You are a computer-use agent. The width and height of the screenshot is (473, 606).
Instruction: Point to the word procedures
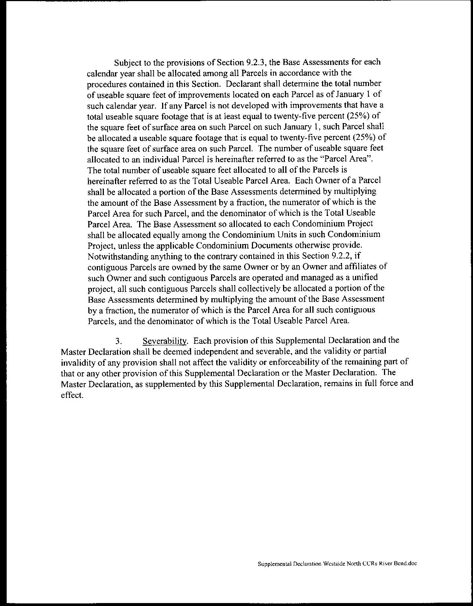click(x=107, y=84)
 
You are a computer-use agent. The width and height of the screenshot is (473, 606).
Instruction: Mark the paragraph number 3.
click(x=118, y=340)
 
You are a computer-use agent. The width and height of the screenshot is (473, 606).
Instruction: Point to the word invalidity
click(x=77, y=362)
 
